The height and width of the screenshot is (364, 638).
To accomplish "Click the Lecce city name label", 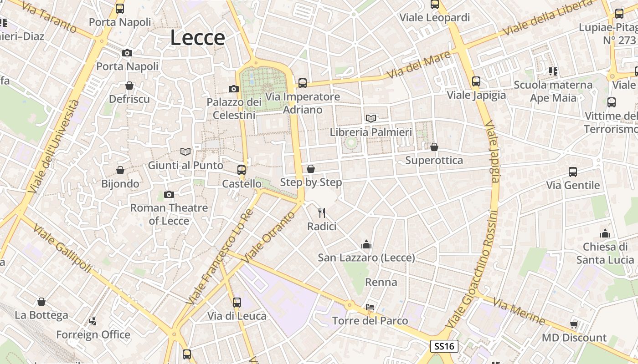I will coord(197,38).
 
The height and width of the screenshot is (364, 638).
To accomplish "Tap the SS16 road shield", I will coord(444,346).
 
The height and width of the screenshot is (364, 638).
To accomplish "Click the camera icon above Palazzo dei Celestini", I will coord(234,89).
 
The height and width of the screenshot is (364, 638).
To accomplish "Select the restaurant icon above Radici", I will coord(322,212).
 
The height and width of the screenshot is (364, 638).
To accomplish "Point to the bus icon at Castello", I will coord(242,170).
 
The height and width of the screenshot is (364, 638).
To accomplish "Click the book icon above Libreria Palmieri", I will coord(371,118).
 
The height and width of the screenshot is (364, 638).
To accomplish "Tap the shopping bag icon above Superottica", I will coord(434,147).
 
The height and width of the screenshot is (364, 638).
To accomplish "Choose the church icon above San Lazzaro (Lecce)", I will coord(366,245).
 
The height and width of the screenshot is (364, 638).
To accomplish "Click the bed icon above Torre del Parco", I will coord(370,307).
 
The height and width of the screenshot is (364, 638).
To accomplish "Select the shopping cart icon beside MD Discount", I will coord(574,324).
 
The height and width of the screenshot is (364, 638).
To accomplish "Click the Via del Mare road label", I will coord(418,65).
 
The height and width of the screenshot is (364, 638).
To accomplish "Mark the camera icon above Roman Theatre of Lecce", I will coord(169,195).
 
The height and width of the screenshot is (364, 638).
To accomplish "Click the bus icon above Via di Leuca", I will coord(237,302).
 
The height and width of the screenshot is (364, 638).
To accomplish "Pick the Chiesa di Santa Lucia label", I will coord(605,253).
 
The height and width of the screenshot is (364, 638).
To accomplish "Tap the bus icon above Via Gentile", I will coord(573,172).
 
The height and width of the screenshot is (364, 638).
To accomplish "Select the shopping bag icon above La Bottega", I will coord(41,302).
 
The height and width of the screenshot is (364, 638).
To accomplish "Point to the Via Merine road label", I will coord(519,312).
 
